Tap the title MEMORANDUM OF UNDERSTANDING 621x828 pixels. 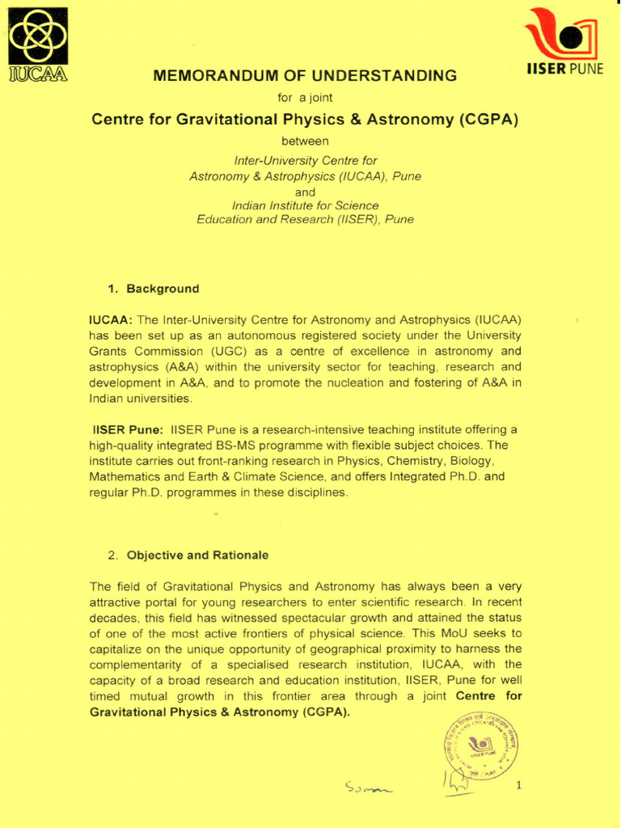pyautogui.click(x=305, y=76)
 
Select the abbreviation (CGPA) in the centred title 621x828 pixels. pyautogui.click(x=488, y=120)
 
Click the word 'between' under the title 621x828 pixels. pyautogui.click(x=305, y=141)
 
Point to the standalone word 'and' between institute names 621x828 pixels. pyautogui.click(x=305, y=192)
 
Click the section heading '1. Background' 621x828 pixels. pyautogui.click(x=154, y=289)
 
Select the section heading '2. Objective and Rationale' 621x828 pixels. pyautogui.click(x=188, y=556)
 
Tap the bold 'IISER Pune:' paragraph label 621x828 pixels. pyautogui.click(x=128, y=429)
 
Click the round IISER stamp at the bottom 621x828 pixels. pyautogui.click(x=480, y=749)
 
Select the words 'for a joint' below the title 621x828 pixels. pyautogui.click(x=305, y=98)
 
